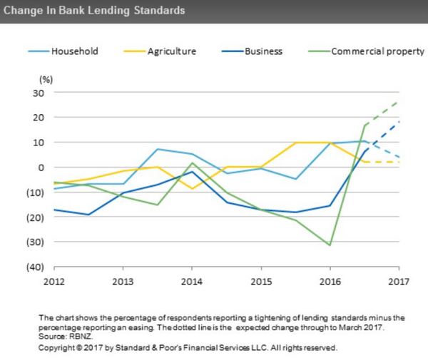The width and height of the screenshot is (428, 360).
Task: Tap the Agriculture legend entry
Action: [172, 51]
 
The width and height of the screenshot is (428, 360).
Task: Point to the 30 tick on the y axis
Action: [39, 93]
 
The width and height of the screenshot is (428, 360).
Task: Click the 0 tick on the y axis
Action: [41, 167]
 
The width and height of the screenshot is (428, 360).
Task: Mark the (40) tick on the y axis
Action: [36, 267]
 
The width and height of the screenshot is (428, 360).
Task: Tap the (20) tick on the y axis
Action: [36, 217]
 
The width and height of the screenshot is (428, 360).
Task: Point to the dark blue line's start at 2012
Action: [54, 210]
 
